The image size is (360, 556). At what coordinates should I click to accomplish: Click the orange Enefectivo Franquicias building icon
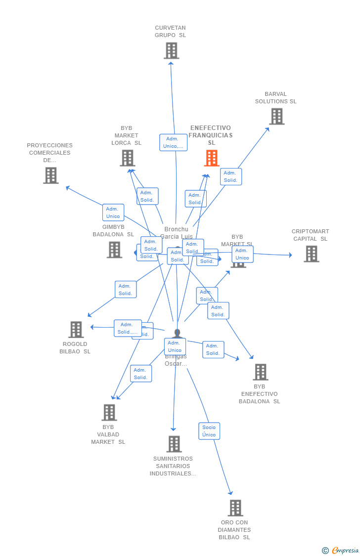coord(212,158)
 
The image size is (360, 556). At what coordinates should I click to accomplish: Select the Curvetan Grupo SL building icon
coord(171,50)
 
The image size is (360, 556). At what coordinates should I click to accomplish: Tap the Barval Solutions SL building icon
coord(276,117)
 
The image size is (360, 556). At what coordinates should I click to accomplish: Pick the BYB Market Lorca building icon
coord(127,158)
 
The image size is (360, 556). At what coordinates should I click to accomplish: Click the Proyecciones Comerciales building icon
coord(50,175)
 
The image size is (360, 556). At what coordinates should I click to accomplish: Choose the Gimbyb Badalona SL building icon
coord(114,250)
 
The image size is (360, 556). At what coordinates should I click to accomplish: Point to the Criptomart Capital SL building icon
coord(311,254)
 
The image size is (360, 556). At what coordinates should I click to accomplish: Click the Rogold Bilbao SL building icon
coord(76,330)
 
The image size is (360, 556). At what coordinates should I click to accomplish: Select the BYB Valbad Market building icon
coord(109,412)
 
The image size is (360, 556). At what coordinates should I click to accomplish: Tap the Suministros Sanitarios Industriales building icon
coord(174,444)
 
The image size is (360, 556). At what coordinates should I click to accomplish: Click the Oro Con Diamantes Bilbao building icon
coord(235,508)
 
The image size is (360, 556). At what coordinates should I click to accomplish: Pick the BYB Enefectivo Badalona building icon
coord(260,372)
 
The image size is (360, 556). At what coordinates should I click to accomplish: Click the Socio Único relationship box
coord(209,431)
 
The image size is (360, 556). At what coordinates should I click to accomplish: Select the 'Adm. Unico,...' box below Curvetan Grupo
coord(174,142)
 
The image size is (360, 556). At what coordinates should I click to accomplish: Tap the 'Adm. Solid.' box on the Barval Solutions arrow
coord(231,176)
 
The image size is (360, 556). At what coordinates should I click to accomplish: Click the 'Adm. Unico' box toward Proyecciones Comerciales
coord(113,213)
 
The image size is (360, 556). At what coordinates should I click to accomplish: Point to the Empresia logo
coord(341,550)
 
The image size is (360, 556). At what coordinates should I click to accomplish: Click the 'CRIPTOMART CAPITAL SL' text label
coord(310,235)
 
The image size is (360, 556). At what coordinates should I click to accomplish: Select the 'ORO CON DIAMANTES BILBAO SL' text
coord(234,530)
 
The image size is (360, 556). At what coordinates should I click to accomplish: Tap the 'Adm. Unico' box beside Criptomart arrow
coord(242,254)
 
